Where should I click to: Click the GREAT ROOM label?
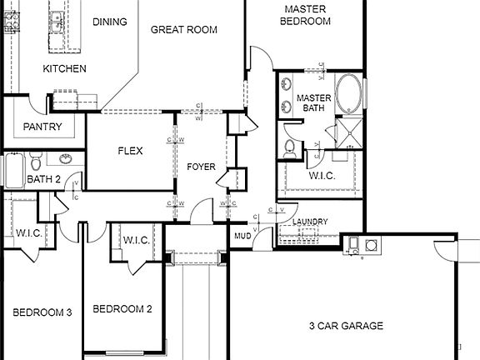click(183, 30)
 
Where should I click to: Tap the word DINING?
click(109, 22)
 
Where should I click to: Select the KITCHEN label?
click(64, 68)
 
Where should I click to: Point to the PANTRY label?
click(42, 127)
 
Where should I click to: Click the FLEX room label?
click(130, 152)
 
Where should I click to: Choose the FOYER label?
click(201, 167)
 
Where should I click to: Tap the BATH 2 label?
click(43, 179)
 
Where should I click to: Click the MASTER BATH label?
click(314, 103)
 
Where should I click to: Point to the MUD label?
click(242, 237)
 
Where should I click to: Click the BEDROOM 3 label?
click(42, 312)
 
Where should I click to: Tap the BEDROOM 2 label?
click(122, 309)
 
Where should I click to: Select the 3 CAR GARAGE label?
click(346, 326)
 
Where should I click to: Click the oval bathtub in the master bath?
click(349, 94)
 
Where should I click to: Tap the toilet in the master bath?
click(289, 148)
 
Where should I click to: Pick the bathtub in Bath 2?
click(14, 171)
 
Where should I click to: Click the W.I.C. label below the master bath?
click(321, 176)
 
